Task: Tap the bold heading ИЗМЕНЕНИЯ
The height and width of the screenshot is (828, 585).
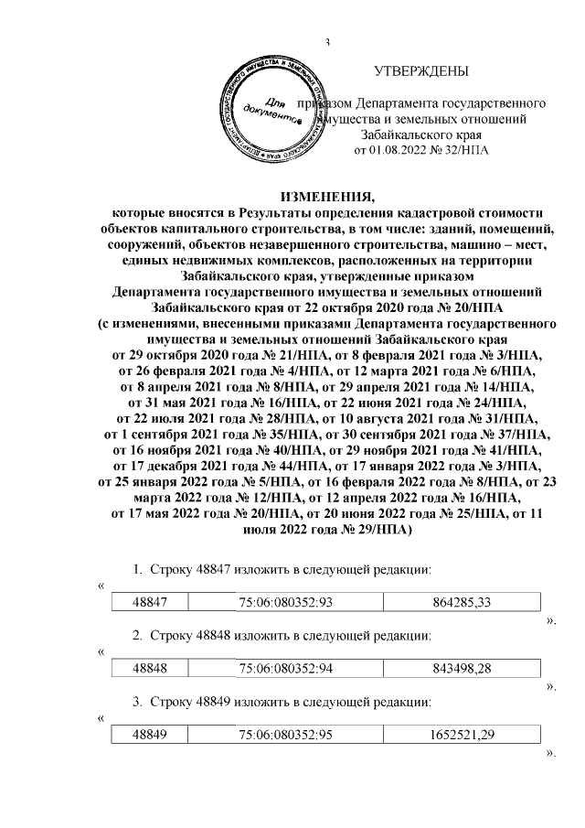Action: tap(326, 196)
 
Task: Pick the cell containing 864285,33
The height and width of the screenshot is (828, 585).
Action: tap(461, 600)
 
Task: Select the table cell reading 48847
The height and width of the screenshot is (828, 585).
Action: tap(148, 600)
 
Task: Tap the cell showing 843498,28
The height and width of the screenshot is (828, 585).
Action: tap(461, 669)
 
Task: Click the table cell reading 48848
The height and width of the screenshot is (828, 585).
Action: tap(148, 669)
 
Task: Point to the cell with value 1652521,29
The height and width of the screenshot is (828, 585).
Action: tap(461, 737)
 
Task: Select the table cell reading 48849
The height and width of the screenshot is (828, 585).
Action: tap(148, 737)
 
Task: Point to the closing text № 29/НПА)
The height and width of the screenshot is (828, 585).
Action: tap(358, 529)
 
